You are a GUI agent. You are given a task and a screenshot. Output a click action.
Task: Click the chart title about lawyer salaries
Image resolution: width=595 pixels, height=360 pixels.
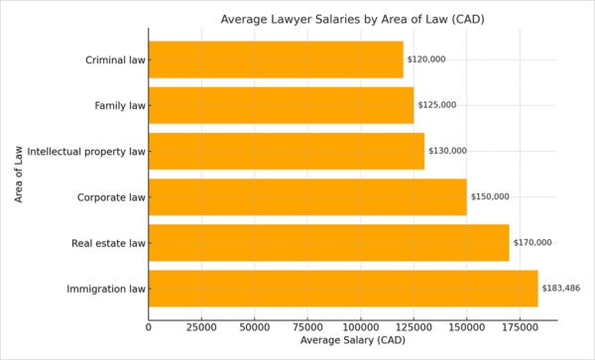coord(352,19)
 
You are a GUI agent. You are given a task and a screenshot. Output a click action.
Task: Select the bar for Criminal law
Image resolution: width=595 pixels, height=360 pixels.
coord(276,60)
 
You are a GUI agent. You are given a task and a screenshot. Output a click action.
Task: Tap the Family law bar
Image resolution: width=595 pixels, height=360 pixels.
coord(281,105)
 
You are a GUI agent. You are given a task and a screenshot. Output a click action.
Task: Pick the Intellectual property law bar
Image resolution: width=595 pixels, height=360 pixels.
coord(287,151)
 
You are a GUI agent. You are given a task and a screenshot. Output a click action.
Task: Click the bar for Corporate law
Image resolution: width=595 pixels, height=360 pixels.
coord(307,196)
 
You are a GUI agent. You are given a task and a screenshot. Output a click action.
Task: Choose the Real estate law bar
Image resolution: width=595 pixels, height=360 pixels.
coord(328,242)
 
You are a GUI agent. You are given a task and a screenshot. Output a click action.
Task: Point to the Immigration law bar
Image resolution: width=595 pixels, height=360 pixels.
coord(343,289)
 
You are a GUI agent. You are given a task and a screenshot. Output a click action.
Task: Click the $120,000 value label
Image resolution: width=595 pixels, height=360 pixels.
coord(426,60)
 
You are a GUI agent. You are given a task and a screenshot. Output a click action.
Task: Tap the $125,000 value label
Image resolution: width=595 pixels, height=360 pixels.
coord(437,105)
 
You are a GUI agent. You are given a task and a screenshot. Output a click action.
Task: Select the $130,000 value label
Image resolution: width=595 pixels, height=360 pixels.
coord(447,151)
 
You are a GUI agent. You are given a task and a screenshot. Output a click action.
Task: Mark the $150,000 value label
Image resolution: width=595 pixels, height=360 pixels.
coord(490,196)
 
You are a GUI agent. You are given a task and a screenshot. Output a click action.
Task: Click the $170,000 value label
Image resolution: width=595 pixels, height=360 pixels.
coord(533,242)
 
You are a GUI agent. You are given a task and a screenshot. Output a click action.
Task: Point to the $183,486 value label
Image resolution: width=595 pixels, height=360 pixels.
coord(561,289)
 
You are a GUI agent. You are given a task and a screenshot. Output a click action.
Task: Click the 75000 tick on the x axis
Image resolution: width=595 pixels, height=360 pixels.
coord(307,325)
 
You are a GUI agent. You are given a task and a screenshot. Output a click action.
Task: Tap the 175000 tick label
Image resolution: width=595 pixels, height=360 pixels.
coord(520,325)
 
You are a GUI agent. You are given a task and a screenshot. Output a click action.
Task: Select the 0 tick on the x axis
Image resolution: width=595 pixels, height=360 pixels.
coord(149,325)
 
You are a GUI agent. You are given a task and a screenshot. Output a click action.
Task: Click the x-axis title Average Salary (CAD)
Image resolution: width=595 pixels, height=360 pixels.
coord(352,340)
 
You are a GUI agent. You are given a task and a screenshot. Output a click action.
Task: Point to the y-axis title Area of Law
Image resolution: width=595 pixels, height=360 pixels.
coord(19,174)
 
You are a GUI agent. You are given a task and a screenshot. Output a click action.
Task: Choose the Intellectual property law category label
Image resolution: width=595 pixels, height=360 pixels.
coord(86,151)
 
